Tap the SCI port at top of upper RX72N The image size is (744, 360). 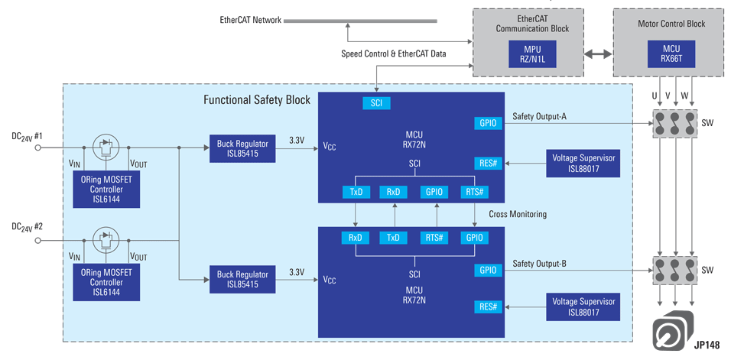pos(376,103)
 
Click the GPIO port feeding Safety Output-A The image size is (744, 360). pos(488,123)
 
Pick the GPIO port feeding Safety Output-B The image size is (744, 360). pos(488,270)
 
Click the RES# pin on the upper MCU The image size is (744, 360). pos(488,162)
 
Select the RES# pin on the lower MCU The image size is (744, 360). pos(488,307)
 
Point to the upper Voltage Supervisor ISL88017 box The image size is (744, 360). pos(583,162)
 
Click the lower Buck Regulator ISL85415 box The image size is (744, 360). pos(242,279)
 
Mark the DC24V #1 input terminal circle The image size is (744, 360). pos(37,148)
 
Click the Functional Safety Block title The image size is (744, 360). pos(258,100)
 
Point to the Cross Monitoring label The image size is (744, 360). pos(517,214)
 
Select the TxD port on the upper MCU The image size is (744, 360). pos(356,192)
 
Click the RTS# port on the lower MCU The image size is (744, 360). pos(434,238)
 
